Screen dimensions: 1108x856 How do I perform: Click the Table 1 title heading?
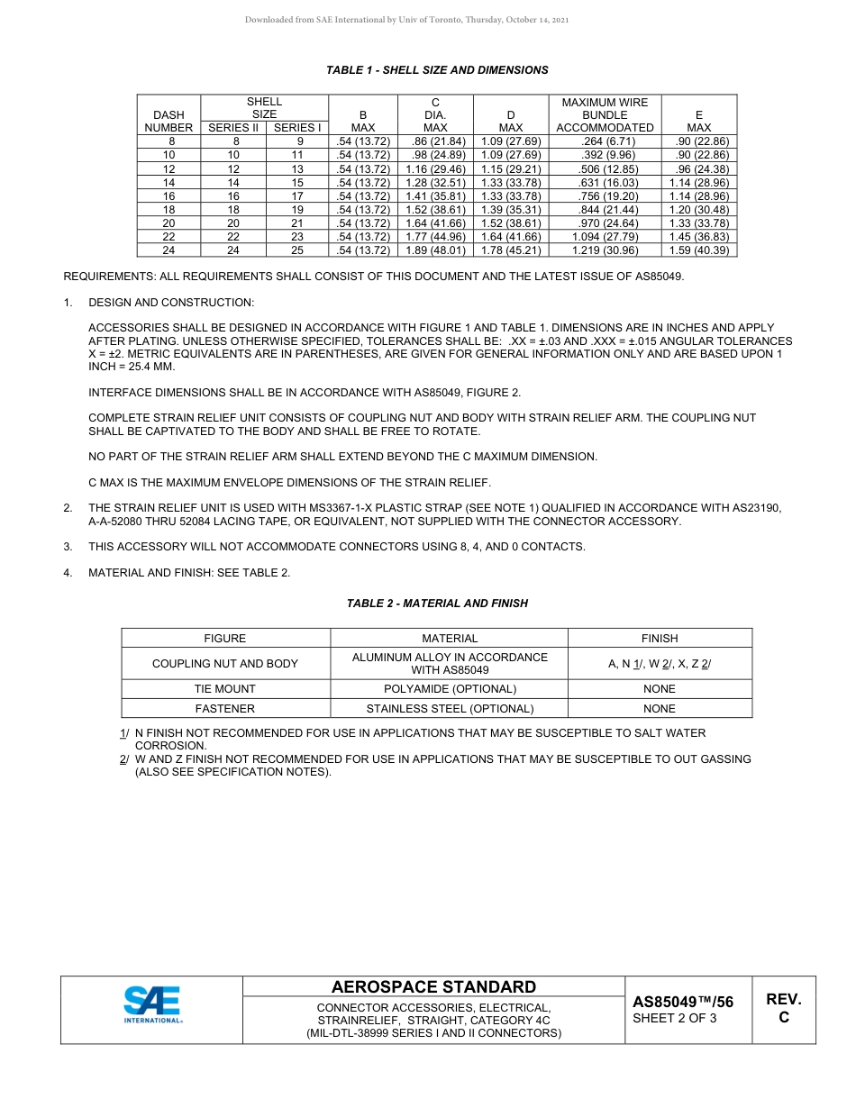[437, 70]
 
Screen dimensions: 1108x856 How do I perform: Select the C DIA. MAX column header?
[435, 115]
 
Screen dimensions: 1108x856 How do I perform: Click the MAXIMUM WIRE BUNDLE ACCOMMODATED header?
[605, 115]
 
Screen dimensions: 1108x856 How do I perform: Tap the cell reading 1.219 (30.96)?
[605, 250]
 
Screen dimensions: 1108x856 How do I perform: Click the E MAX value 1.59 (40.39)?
[699, 250]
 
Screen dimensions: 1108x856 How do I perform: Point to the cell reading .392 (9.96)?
[605, 156]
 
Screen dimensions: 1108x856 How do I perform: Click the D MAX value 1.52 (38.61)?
[511, 223]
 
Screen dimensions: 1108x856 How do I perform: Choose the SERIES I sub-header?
[297, 128]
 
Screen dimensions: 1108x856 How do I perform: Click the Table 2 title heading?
[437, 604]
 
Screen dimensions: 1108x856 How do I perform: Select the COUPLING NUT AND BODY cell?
[225, 664]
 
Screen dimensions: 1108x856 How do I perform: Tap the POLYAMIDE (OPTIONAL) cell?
[450, 689]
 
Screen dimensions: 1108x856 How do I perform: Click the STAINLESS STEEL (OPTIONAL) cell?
[450, 709]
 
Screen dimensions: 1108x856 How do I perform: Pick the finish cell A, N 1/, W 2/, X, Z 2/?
[660, 664]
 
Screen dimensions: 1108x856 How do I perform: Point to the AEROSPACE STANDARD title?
[433, 987]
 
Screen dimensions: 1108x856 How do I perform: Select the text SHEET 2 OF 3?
[675, 1019]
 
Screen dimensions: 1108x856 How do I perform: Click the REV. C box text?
[783, 1008]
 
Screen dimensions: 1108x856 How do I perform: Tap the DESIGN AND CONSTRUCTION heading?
[171, 303]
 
